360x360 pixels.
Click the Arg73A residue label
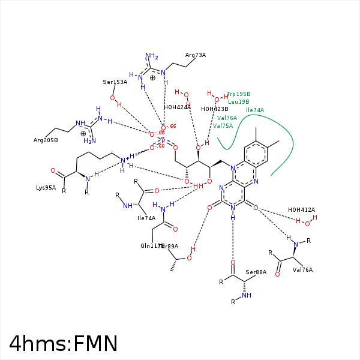(196, 55)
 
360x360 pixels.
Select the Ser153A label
(115, 82)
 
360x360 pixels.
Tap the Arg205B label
(46, 140)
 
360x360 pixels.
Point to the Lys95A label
(46, 187)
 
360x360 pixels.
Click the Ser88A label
(256, 272)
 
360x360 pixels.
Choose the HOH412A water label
(301, 210)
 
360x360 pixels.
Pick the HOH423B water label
(214, 109)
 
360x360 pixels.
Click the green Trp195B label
(239, 94)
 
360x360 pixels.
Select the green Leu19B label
(239, 102)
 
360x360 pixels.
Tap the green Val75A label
(223, 126)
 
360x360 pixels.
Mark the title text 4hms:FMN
(63, 344)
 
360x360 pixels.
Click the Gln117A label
(151, 246)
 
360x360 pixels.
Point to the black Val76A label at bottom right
(304, 269)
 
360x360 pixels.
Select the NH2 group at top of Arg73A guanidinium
(151, 57)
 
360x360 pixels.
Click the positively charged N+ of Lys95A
(125, 160)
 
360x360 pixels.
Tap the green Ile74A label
(255, 110)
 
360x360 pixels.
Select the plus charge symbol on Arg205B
(83, 133)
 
